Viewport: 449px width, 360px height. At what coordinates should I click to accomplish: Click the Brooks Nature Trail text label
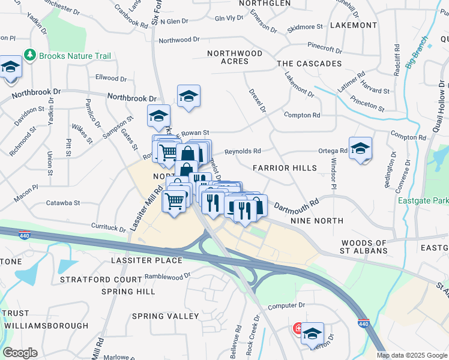tap(75, 56)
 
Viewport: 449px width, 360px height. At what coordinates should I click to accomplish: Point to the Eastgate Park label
tap(423, 200)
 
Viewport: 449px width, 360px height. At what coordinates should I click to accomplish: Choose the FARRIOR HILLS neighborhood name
tap(285, 168)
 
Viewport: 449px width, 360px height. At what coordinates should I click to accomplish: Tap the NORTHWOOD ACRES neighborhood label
tap(235, 57)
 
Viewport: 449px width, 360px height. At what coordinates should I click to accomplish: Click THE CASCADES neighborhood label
tap(309, 64)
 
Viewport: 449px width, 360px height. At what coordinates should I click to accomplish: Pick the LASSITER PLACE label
tap(146, 260)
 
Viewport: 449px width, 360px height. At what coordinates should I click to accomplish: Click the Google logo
tap(20, 353)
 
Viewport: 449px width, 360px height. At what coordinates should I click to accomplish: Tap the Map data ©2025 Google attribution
tap(412, 355)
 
